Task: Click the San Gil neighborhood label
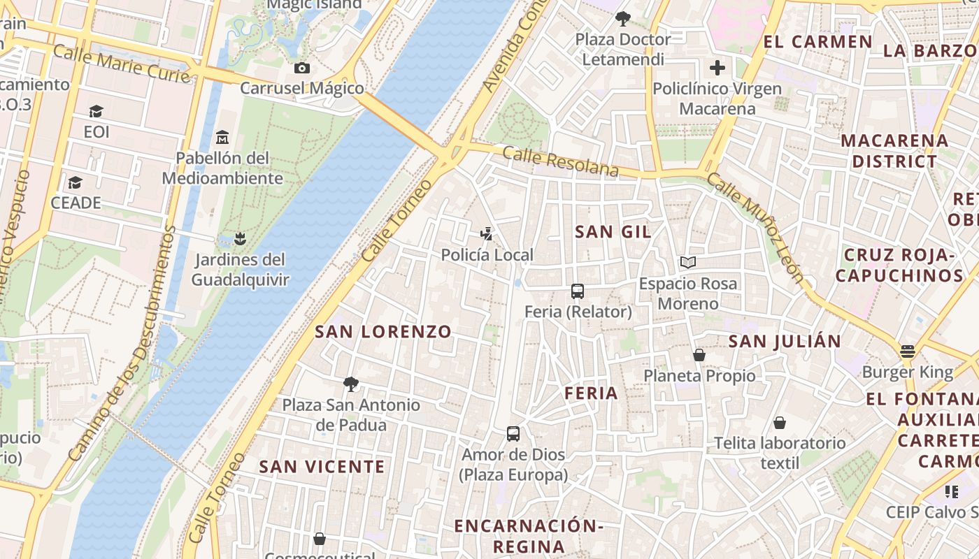point(613,232)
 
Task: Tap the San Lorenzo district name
point(383,331)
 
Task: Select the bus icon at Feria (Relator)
point(578,291)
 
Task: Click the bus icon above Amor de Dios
point(513,434)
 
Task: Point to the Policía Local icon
point(487,234)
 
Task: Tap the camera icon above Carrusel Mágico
point(302,68)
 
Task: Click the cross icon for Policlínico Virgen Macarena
point(717,68)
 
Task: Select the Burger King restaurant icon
point(908,351)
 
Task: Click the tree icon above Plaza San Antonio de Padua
point(351,384)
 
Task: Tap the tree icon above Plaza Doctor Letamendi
point(622,19)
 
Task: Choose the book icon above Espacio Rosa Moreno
point(688,263)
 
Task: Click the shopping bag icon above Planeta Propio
point(699,355)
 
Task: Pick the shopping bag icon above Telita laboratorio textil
point(780,423)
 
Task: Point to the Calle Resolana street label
point(561,162)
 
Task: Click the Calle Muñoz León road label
point(755,228)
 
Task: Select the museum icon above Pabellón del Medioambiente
point(222,137)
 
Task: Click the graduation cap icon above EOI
point(96,112)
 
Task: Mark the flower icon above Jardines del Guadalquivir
point(240,239)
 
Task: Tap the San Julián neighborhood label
point(785,341)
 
